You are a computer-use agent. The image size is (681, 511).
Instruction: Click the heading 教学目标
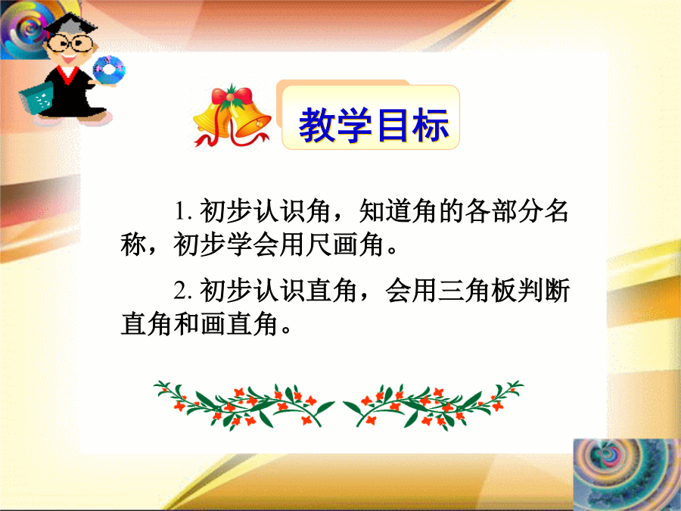pyautogui.click(x=374, y=125)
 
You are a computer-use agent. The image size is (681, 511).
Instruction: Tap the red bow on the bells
pyautogui.click(x=232, y=95)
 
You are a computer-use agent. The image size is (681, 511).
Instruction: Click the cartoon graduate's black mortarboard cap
pyautogui.click(x=70, y=25)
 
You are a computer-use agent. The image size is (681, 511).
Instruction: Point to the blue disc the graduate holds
pyautogui.click(x=108, y=70)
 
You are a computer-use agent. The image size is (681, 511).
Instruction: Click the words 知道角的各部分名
pyautogui.click(x=463, y=211)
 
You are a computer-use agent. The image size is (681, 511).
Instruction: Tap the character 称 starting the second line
pyautogui.click(x=133, y=245)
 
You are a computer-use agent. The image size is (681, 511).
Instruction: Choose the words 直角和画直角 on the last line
pyautogui.click(x=199, y=324)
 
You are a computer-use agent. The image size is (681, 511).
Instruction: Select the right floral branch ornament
pyautogui.click(x=433, y=406)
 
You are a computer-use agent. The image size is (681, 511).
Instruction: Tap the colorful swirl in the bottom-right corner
pyautogui.click(x=627, y=475)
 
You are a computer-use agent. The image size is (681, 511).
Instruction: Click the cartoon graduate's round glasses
pyautogui.click(x=70, y=43)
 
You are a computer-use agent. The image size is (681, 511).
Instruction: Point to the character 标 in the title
pyautogui.click(x=431, y=125)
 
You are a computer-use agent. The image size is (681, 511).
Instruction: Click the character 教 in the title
pyautogui.click(x=317, y=125)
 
